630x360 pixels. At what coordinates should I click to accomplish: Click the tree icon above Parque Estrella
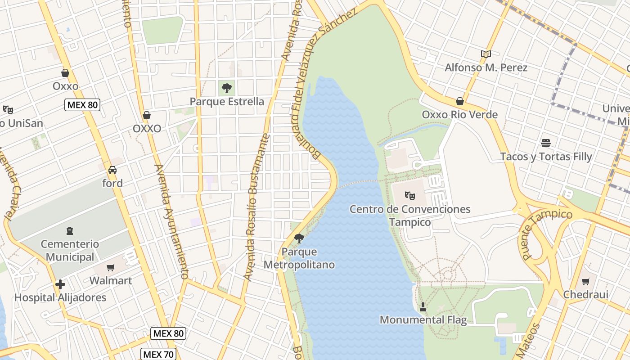pyautogui.click(x=227, y=88)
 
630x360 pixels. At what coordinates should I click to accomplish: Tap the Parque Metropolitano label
pyautogui.click(x=299, y=258)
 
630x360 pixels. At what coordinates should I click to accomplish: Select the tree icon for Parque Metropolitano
pyautogui.click(x=299, y=238)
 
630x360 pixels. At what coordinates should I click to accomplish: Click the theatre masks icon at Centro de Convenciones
pyautogui.click(x=409, y=196)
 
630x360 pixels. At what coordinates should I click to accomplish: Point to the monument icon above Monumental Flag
pyautogui.click(x=423, y=307)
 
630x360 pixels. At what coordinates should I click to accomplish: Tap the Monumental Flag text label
pyautogui.click(x=423, y=320)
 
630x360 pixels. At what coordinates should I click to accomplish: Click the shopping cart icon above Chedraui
pyautogui.click(x=585, y=281)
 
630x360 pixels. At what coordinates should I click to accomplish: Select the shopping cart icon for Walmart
pyautogui.click(x=111, y=267)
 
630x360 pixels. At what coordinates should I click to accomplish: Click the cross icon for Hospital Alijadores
pyautogui.click(x=60, y=284)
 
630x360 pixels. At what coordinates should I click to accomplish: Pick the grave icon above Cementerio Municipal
pyautogui.click(x=69, y=231)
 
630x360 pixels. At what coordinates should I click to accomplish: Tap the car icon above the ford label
pyautogui.click(x=112, y=170)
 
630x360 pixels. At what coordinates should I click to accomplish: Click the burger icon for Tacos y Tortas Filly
pyautogui.click(x=546, y=143)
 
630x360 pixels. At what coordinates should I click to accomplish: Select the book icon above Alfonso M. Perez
pyautogui.click(x=486, y=54)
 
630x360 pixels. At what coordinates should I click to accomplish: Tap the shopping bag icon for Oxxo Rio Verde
pyautogui.click(x=459, y=101)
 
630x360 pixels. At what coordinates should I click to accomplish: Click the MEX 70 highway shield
pyautogui.click(x=157, y=354)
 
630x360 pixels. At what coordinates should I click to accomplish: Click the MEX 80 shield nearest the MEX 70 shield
pyautogui.click(x=168, y=333)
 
